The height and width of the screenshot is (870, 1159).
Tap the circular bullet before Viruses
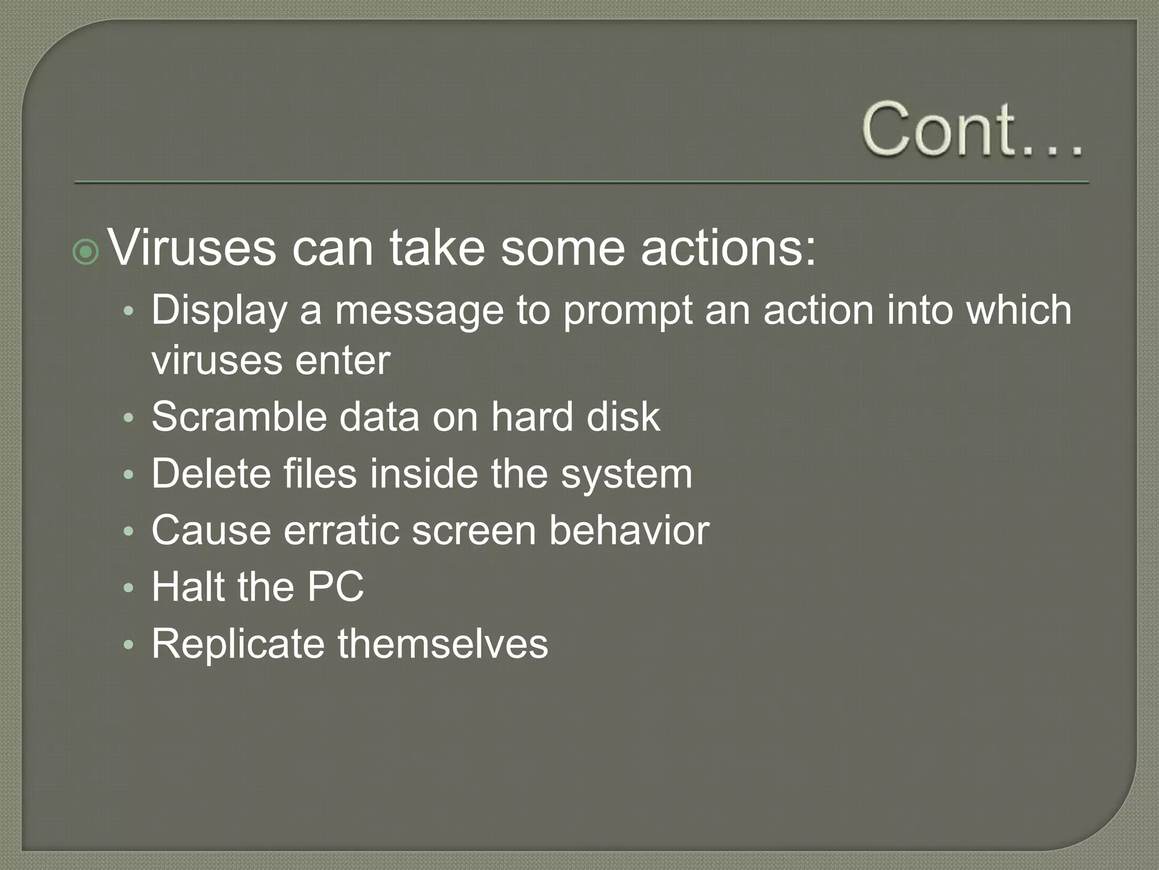pyautogui.click(x=86, y=252)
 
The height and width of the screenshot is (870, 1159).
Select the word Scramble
pyautogui.click(x=239, y=417)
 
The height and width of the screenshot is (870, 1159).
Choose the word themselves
pyautogui.click(x=443, y=644)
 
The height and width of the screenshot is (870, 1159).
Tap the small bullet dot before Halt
pyautogui.click(x=128, y=588)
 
